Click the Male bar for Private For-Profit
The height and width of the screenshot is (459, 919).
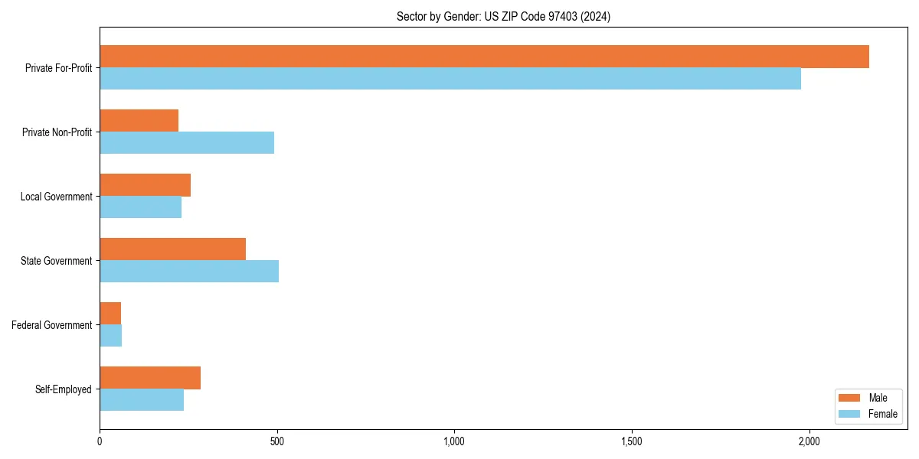click(x=484, y=57)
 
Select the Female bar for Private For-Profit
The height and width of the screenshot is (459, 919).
click(x=450, y=79)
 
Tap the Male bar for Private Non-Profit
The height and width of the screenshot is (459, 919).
click(x=139, y=121)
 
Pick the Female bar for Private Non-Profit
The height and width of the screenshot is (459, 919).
click(x=187, y=143)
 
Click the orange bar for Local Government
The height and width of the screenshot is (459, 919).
click(x=145, y=185)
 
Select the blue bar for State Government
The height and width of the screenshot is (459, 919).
click(x=189, y=272)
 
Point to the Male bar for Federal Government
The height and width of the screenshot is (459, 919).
click(x=110, y=314)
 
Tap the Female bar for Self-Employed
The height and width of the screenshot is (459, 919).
click(x=142, y=400)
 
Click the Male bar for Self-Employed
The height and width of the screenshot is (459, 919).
click(x=150, y=378)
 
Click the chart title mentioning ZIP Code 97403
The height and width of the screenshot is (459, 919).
click(x=503, y=16)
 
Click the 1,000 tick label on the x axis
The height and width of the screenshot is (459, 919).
click(x=454, y=442)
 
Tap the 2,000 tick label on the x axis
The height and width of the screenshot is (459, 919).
click(x=809, y=442)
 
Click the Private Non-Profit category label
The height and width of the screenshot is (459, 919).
click(x=57, y=132)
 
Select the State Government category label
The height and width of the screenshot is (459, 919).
click(x=56, y=261)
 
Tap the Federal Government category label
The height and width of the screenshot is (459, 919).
click(x=52, y=325)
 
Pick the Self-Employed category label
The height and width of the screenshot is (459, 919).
click(x=64, y=389)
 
